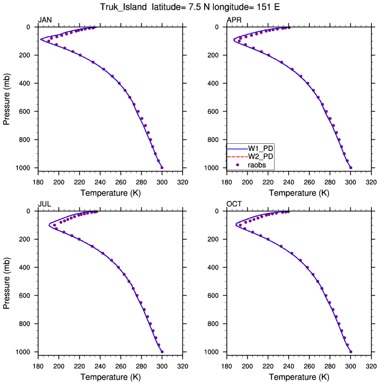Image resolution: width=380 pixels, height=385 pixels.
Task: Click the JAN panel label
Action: (x=45, y=20)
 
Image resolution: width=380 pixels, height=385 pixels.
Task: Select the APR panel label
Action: (x=234, y=20)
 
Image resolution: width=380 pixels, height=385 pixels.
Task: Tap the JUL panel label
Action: (x=45, y=204)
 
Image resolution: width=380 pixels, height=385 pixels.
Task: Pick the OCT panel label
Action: (x=234, y=204)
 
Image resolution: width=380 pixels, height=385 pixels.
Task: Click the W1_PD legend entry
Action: (x=250, y=149)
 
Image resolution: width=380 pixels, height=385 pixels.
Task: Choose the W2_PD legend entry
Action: (x=250, y=156)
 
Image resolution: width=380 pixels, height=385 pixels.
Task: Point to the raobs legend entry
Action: (x=251, y=165)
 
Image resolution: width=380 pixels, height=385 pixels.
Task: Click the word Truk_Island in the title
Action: (x=123, y=7)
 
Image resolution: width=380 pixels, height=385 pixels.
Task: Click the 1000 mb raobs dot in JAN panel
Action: (x=162, y=168)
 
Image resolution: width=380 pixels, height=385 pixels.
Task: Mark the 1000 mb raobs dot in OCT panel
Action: (x=350, y=352)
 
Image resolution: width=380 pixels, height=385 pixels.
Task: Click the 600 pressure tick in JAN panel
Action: (x=25, y=111)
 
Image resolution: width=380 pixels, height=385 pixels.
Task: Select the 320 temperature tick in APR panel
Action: (x=371, y=182)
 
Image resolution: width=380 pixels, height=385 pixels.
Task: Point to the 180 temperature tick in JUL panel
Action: (x=38, y=366)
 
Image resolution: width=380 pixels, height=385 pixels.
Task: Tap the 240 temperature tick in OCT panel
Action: (x=288, y=366)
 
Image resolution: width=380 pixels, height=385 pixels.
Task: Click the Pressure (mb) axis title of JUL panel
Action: (x=7, y=283)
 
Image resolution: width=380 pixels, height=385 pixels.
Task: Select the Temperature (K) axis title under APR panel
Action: (x=299, y=193)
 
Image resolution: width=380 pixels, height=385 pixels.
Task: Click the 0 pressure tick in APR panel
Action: (x=217, y=27)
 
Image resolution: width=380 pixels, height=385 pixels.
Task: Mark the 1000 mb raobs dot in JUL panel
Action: (x=162, y=352)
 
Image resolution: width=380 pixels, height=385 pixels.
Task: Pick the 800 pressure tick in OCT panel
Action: (x=213, y=324)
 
